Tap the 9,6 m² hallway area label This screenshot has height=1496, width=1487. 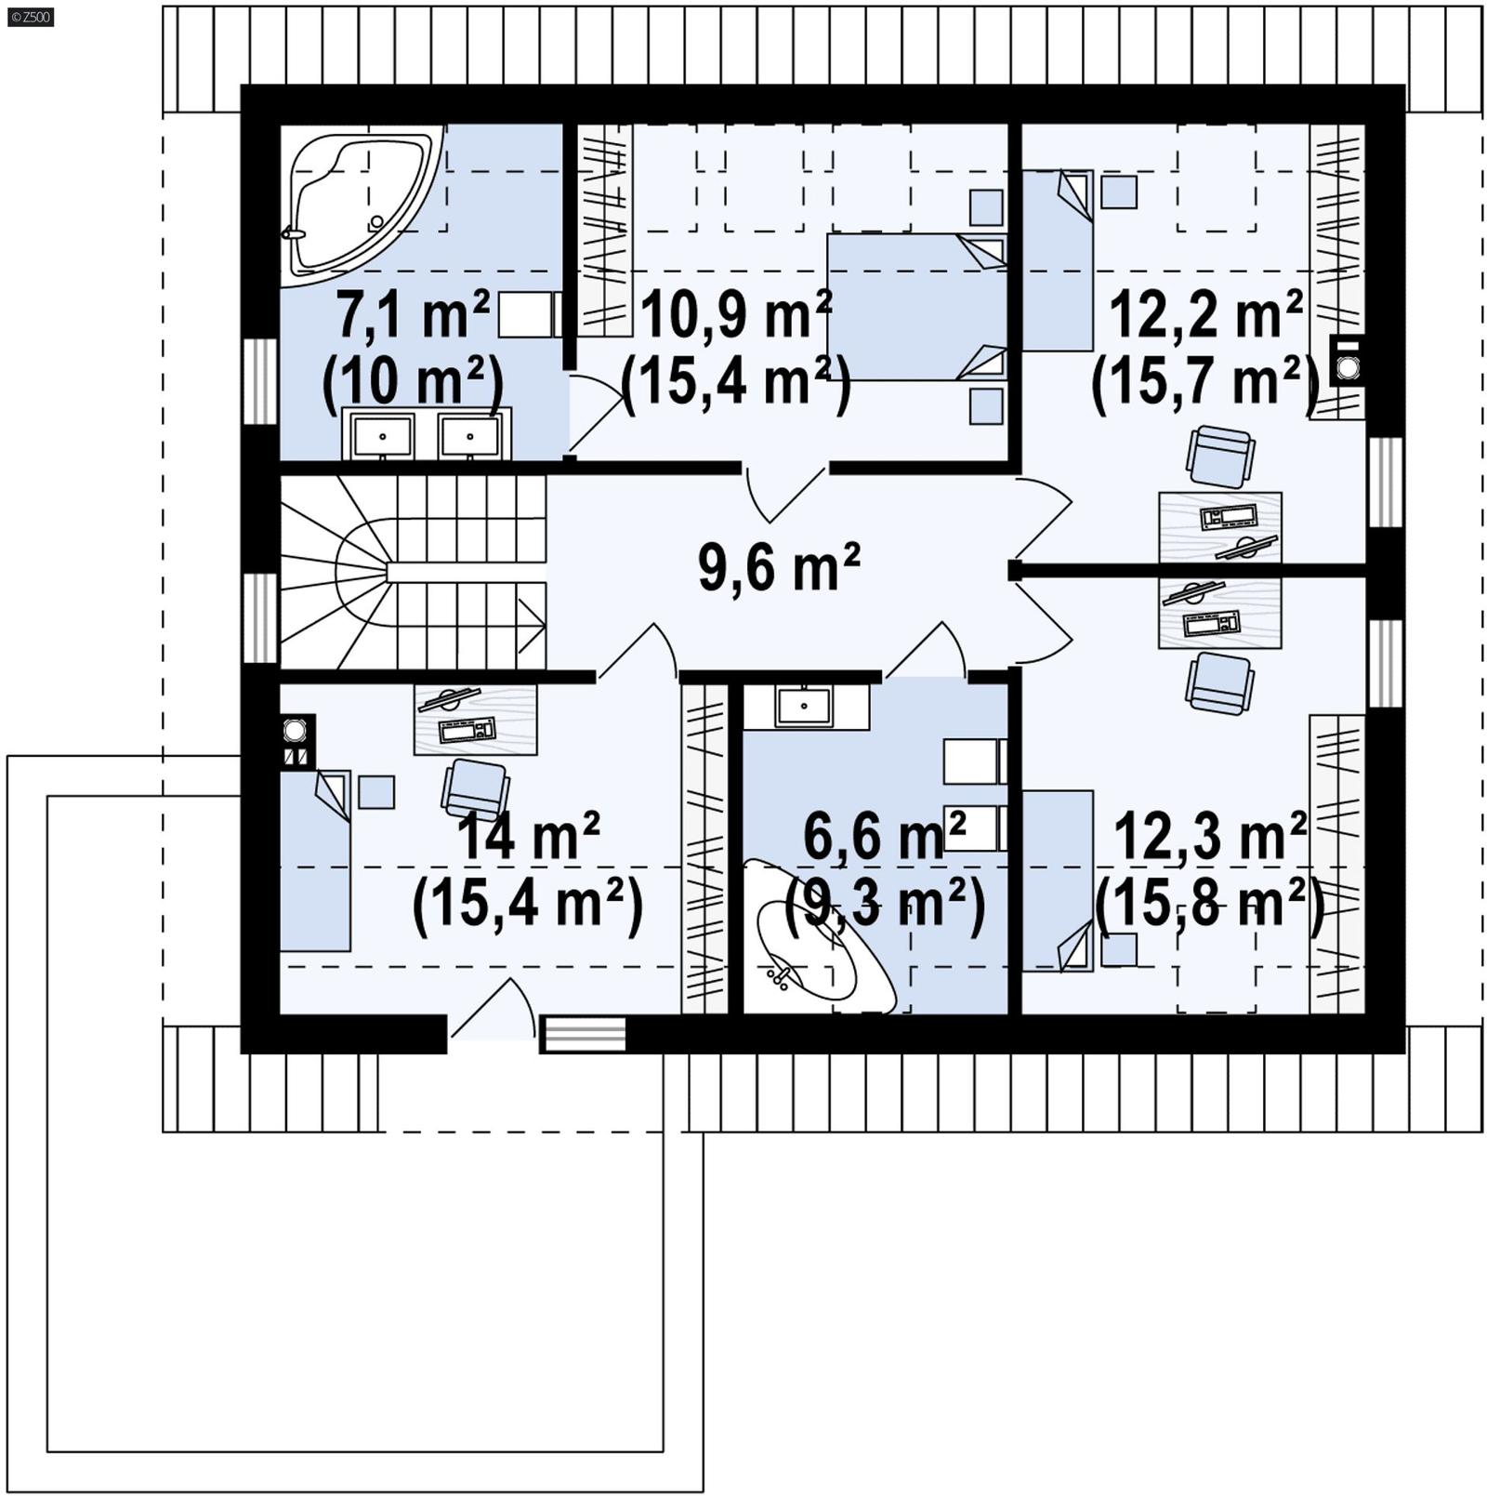(x=779, y=566)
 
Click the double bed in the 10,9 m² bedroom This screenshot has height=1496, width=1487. (x=915, y=307)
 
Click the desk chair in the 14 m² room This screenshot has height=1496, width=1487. (x=475, y=790)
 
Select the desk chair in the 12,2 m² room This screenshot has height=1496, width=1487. (x=1219, y=456)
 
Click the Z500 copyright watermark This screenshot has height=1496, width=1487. (x=30, y=16)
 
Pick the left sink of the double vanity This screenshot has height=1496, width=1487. (x=382, y=433)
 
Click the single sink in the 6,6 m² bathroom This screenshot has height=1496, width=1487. (x=804, y=707)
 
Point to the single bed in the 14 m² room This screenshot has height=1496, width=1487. (x=315, y=860)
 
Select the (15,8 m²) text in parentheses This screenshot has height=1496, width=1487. (x=1208, y=902)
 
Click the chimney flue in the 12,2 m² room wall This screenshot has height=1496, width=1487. (x=1348, y=361)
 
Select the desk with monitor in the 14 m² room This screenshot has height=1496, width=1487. (x=475, y=720)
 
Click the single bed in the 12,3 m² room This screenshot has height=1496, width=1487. (x=1058, y=879)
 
